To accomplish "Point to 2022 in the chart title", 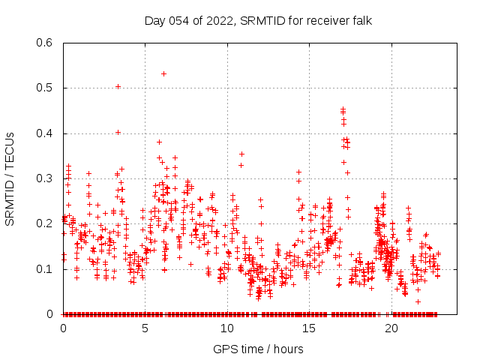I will click(218, 20).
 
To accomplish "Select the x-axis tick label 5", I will click(145, 328).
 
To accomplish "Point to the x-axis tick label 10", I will click(227, 328).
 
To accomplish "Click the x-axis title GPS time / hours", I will click(258, 349).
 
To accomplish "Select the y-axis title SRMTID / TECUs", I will click(10, 178).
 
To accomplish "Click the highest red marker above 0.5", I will click(163, 73).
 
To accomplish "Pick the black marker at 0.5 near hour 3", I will click(118, 86).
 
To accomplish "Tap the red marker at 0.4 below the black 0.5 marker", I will click(118, 132).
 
